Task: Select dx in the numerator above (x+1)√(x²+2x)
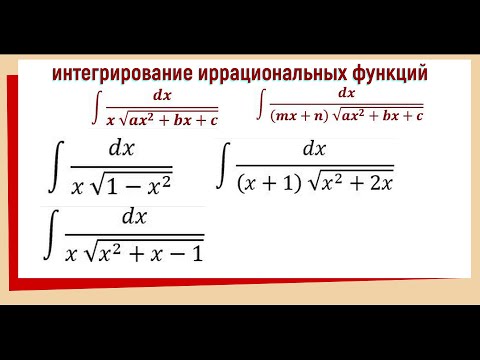[314, 149]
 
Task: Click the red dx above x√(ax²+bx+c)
[162, 97]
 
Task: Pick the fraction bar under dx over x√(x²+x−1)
[133, 234]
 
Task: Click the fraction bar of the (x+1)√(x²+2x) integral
[315, 166]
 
